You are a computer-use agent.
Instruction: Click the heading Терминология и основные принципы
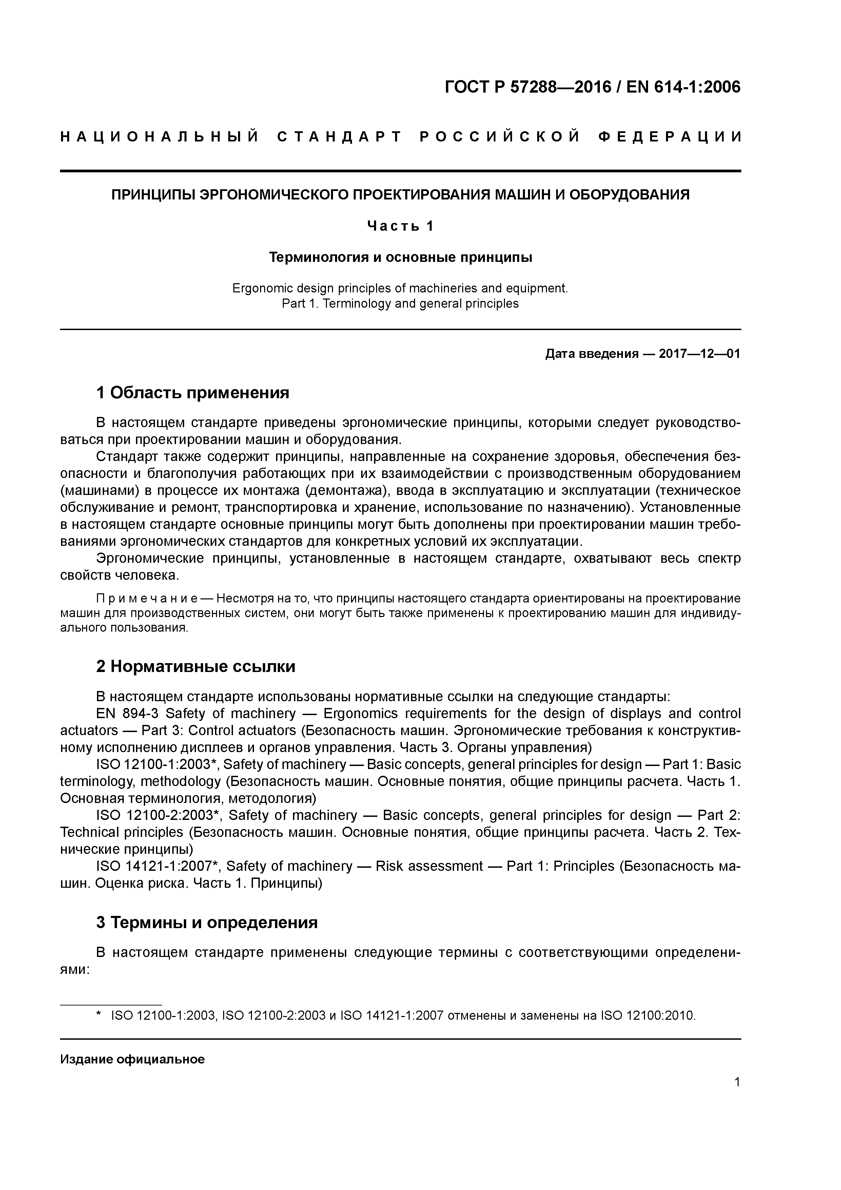[x=400, y=257]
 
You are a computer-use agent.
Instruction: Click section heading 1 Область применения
[x=192, y=393]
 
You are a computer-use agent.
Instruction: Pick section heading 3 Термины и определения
[x=207, y=923]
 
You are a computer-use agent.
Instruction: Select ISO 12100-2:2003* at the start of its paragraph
[x=159, y=816]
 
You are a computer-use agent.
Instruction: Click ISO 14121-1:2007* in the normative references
[x=159, y=867]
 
